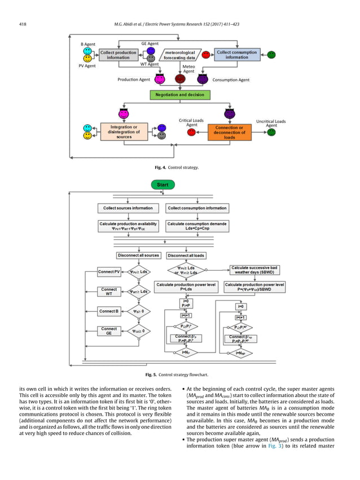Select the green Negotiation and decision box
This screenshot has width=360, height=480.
175,95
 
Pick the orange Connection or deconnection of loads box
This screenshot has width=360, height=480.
229,132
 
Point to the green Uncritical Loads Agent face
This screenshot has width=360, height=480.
271,132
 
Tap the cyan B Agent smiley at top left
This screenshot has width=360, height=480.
87,51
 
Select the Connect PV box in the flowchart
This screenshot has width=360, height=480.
109,272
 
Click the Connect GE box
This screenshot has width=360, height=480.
109,331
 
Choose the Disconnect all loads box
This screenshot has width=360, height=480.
186,256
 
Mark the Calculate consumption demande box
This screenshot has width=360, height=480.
197,225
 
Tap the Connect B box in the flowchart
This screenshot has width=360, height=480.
109,311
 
